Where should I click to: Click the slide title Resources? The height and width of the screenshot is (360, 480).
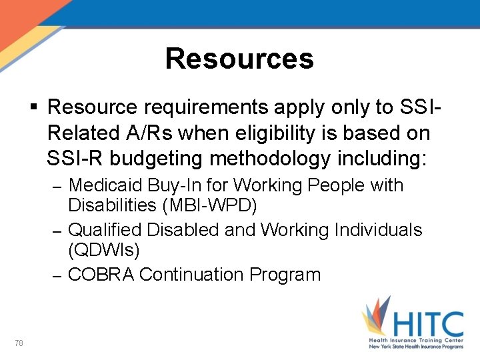tap(239, 59)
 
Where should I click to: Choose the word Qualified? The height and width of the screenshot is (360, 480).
tap(105, 230)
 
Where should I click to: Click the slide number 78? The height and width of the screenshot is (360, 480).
tap(19, 343)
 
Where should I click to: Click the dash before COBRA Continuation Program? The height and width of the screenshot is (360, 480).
tap(57, 275)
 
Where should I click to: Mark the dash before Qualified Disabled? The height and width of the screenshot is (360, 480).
tap(57, 231)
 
